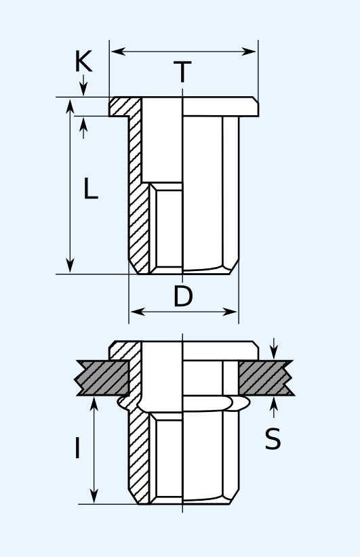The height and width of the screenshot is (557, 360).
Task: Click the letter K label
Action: (83, 62)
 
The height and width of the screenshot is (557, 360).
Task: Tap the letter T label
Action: (182, 72)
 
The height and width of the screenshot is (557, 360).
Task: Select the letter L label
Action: (90, 188)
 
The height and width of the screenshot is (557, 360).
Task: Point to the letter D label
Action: (182, 296)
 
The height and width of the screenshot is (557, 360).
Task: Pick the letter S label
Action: (273, 439)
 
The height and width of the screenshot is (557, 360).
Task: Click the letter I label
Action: (77, 448)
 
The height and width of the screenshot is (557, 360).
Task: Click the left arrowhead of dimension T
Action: (119, 51)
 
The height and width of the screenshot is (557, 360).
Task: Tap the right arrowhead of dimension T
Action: (249, 51)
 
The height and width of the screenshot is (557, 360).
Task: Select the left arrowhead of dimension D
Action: (138, 312)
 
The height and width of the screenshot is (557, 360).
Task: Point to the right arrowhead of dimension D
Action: (230, 312)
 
